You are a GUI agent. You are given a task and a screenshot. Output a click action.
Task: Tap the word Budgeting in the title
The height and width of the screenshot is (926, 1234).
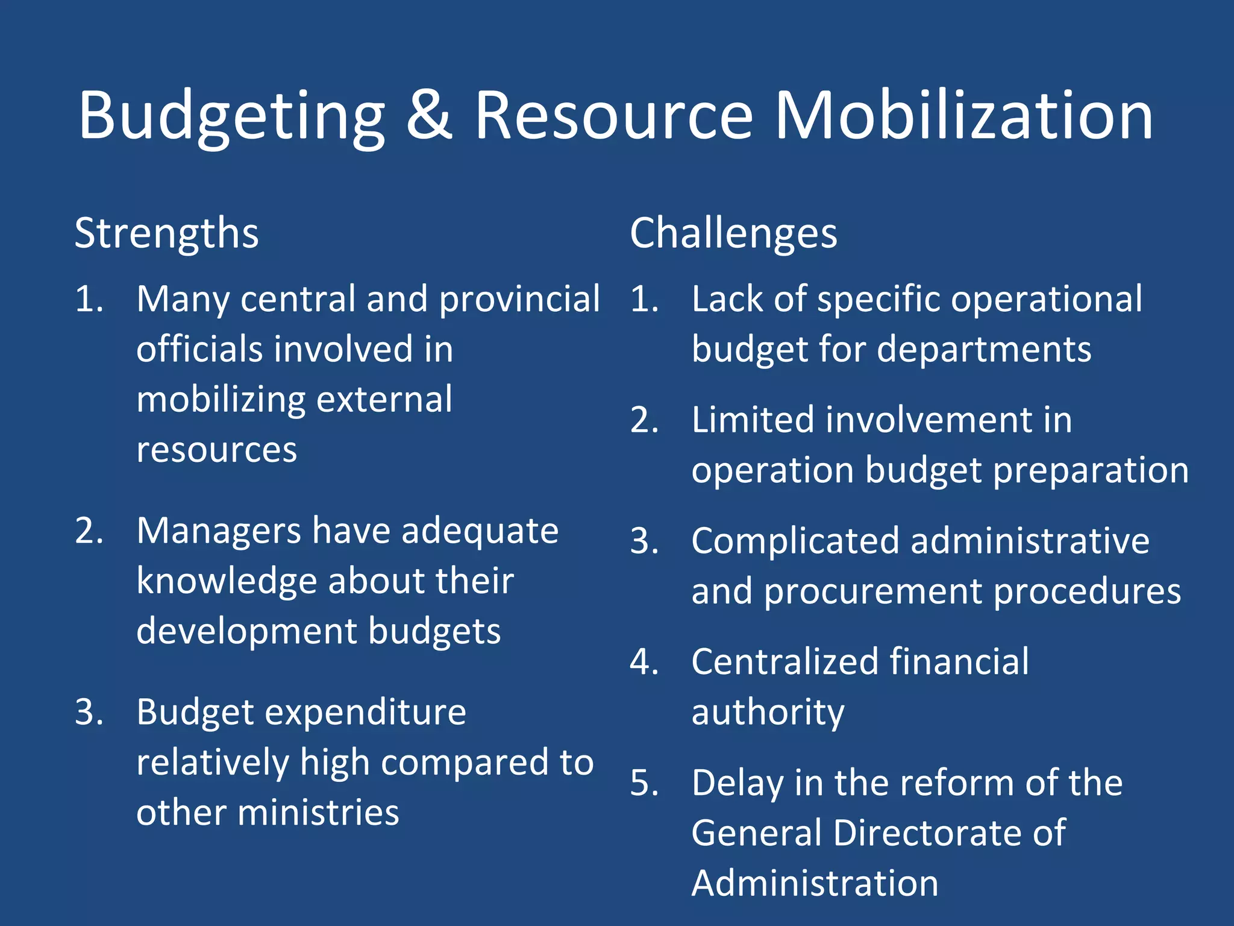[231, 116]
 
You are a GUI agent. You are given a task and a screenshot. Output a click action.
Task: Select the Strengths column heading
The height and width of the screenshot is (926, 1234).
[166, 233]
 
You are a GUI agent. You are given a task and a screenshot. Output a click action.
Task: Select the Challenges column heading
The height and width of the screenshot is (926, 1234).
[733, 233]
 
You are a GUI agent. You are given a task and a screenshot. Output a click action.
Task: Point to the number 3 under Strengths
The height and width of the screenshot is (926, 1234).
[88, 713]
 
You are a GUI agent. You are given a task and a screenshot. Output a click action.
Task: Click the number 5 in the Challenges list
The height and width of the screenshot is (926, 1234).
[644, 783]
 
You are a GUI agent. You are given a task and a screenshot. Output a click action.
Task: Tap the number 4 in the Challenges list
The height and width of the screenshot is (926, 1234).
[644, 662]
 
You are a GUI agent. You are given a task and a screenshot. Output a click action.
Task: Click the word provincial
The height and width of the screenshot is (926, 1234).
[519, 300]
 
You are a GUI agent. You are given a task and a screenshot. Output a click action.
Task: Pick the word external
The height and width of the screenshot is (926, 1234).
[384, 400]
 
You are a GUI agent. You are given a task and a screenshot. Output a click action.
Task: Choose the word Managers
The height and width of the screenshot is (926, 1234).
[219, 531]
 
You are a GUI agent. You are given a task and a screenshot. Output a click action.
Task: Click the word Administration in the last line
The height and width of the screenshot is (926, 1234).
[815, 884]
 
